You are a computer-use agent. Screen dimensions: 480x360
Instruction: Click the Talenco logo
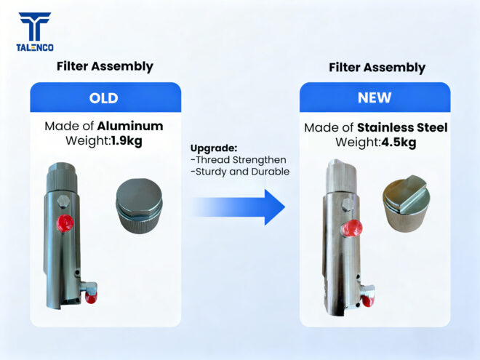pyautogui.click(x=35, y=32)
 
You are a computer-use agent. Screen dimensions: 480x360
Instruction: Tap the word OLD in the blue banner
pyautogui.click(x=103, y=98)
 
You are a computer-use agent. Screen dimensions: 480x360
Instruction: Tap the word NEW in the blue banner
pyautogui.click(x=375, y=97)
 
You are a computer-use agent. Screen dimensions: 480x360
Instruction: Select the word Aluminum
pyautogui.click(x=130, y=126)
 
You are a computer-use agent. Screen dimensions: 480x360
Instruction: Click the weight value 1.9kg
pyautogui.click(x=127, y=141)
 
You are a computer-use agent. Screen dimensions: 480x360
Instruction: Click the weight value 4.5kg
pyautogui.click(x=399, y=143)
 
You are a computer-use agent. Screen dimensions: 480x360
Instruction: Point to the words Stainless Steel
pyautogui.click(x=402, y=128)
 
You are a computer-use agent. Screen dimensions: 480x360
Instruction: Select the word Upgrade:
pyautogui.click(x=214, y=148)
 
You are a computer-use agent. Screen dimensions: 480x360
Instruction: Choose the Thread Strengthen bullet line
pyautogui.click(x=238, y=160)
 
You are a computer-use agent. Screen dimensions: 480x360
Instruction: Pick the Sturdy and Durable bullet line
pyautogui.click(x=240, y=172)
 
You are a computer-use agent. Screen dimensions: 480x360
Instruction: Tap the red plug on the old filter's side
pyautogui.click(x=65, y=223)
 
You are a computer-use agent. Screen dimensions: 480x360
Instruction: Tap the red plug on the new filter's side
pyautogui.click(x=352, y=228)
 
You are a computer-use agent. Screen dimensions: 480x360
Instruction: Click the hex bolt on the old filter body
pyautogui.click(x=63, y=201)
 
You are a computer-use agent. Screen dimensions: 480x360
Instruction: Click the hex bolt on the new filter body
pyautogui.click(x=348, y=205)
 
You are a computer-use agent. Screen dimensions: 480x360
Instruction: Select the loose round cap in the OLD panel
pyautogui.click(x=139, y=206)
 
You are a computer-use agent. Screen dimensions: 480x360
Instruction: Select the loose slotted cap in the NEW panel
pyautogui.click(x=404, y=204)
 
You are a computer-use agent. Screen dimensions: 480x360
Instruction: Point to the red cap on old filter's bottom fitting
pyautogui.click(x=91, y=297)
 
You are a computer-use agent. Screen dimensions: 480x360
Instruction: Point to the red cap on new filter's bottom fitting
pyautogui.click(x=368, y=301)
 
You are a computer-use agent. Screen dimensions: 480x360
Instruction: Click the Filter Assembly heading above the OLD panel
pyautogui.click(x=105, y=66)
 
